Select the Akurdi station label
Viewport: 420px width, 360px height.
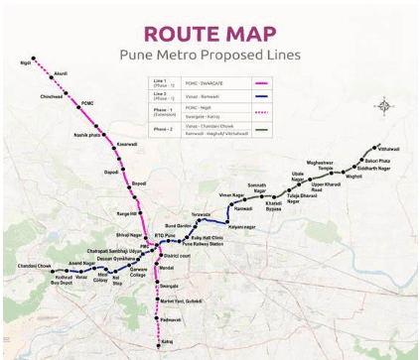click(61, 73)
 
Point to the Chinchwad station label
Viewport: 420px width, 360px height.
click(53, 97)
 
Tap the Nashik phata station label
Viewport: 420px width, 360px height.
click(88, 135)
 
